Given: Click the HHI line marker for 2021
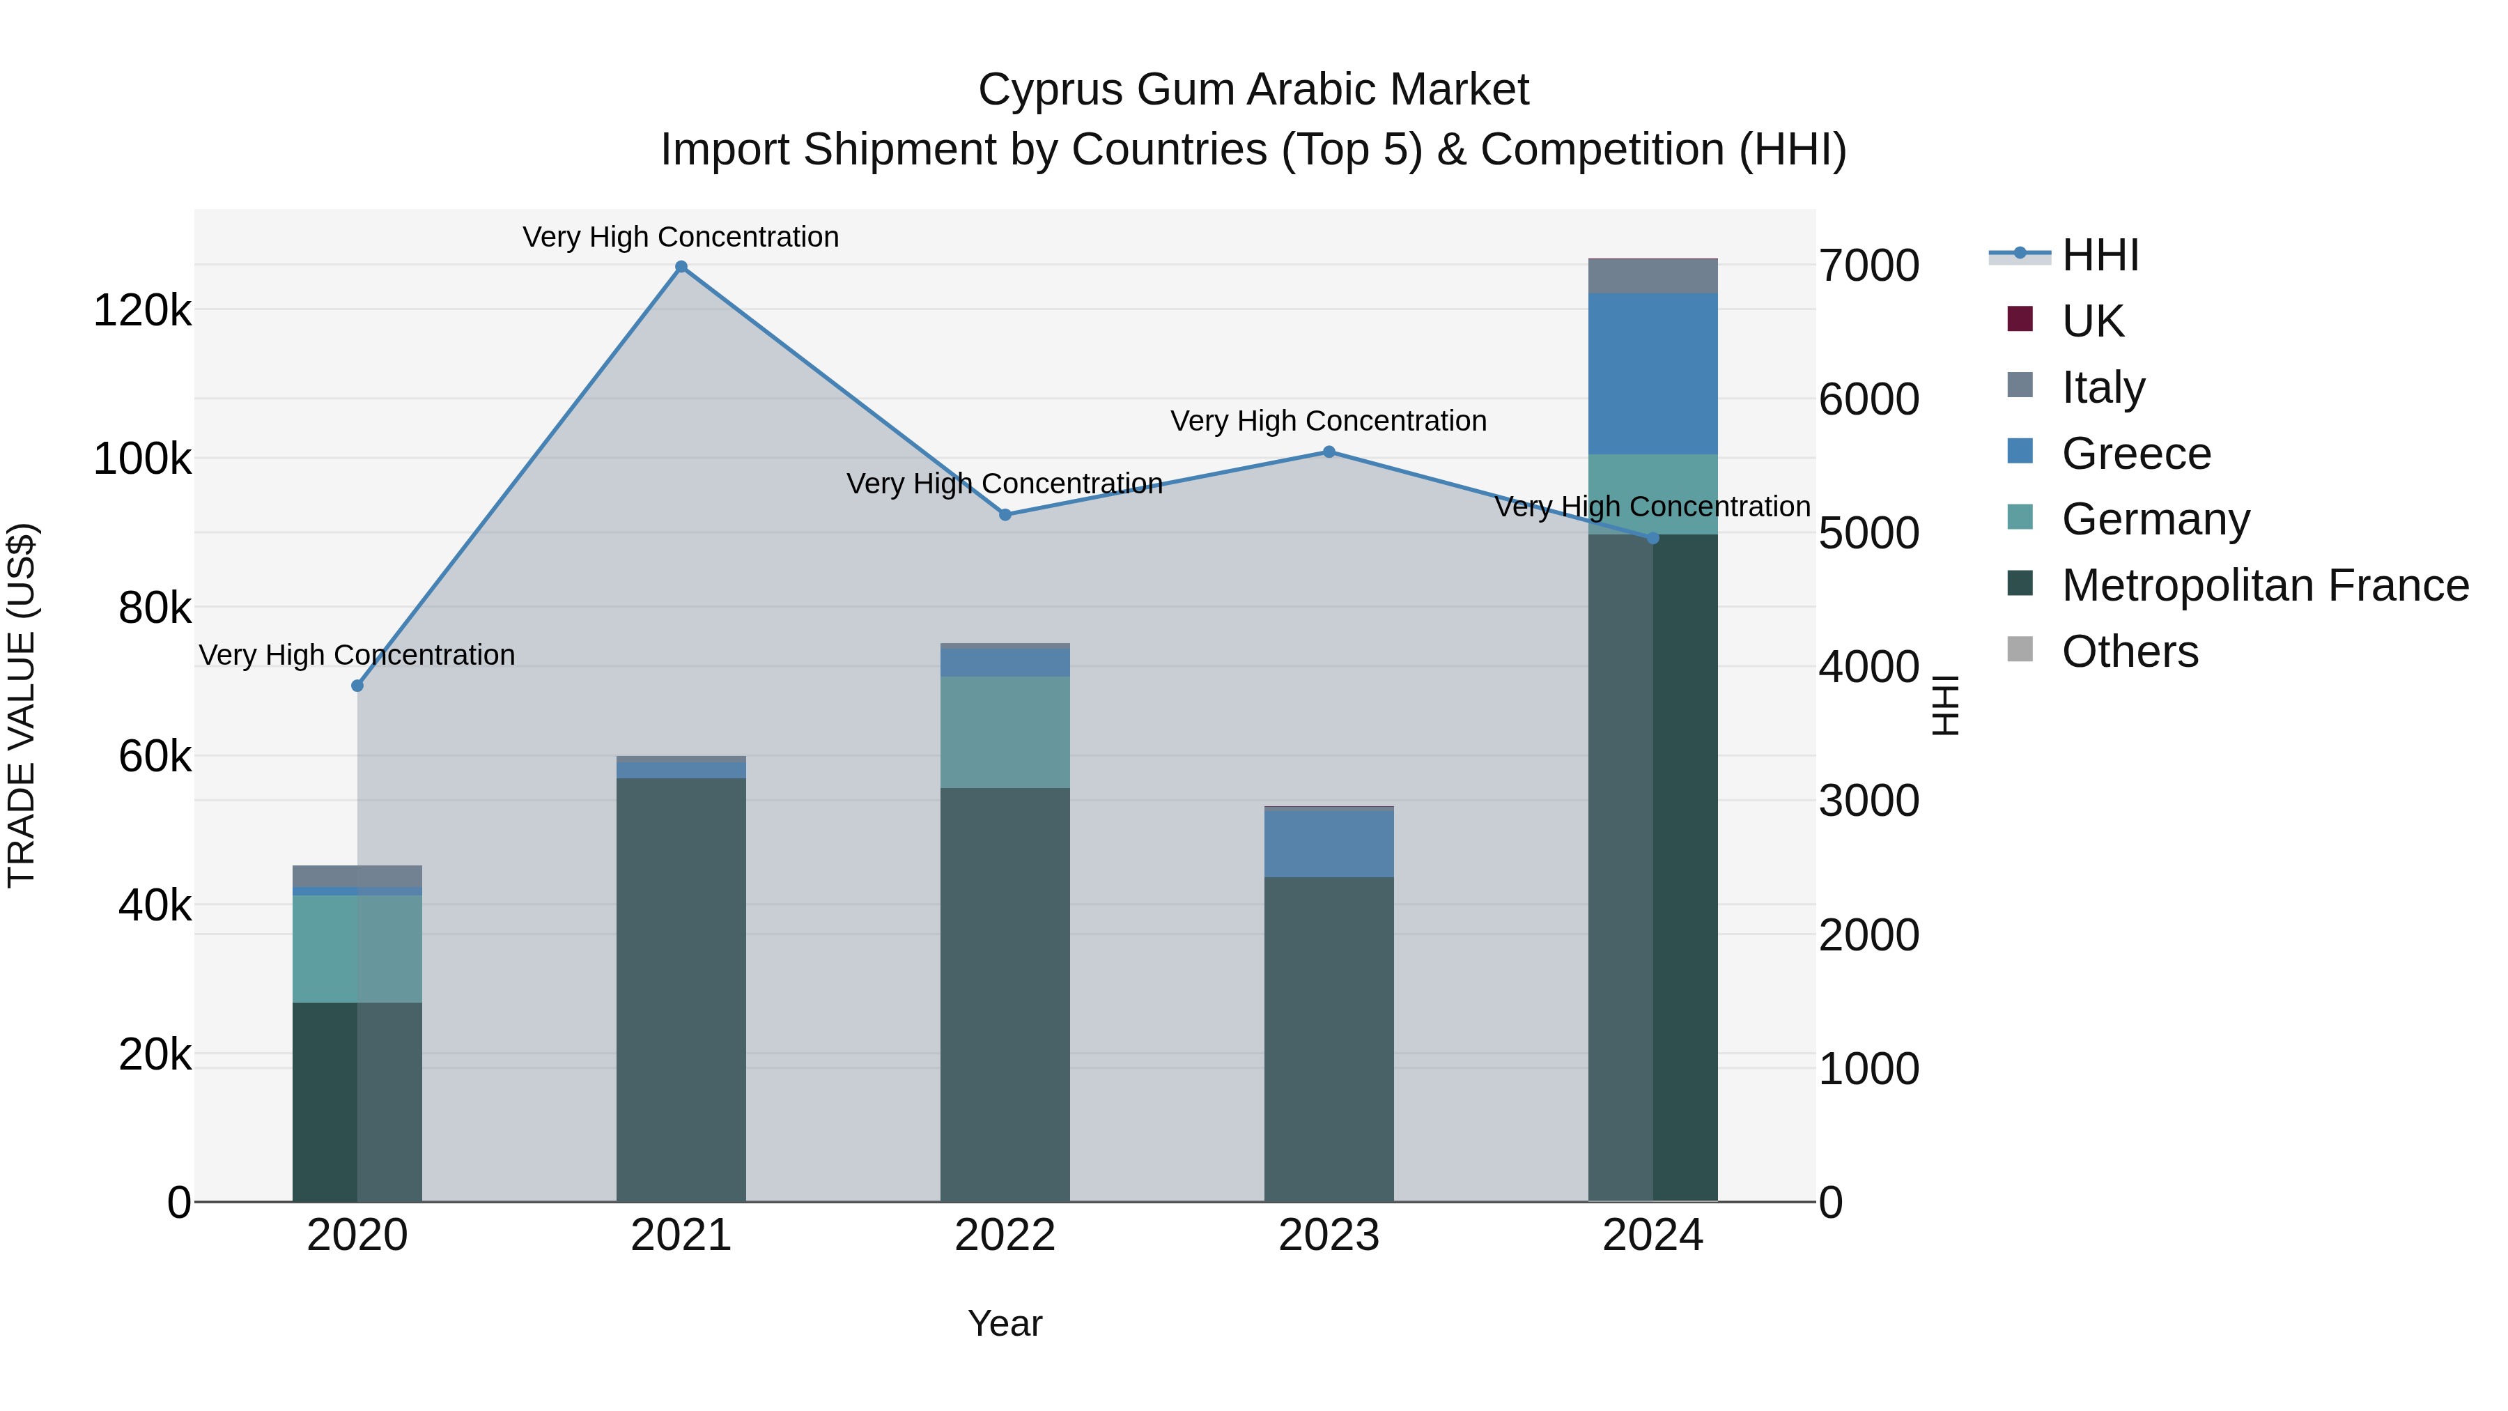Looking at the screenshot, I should click(x=681, y=267).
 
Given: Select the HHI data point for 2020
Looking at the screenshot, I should click(x=357, y=686).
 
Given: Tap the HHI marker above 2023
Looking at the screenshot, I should click(x=1329, y=452).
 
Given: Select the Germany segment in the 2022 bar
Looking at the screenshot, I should click(x=1005, y=732).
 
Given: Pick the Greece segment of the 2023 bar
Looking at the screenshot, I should click(x=1329, y=843).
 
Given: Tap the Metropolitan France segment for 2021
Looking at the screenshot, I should click(x=681, y=988).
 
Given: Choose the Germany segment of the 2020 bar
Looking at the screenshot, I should click(x=357, y=948).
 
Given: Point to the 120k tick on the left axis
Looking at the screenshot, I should click(x=142, y=311).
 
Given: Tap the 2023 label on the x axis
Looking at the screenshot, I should click(x=1329, y=1235).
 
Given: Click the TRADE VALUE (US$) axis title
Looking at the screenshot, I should click(x=22, y=705).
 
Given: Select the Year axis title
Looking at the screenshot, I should click(x=1005, y=1323).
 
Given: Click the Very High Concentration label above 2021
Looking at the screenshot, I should click(x=681, y=237).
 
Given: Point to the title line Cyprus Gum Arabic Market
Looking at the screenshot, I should click(x=1253, y=90).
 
